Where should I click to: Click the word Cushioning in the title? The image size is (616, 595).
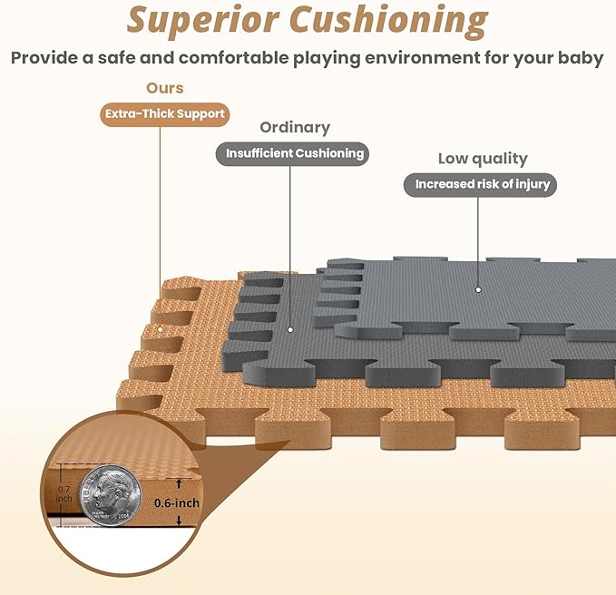pyautogui.click(x=401, y=19)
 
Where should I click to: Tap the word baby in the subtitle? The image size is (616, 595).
pyautogui.click(x=582, y=58)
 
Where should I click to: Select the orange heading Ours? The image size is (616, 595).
pyautogui.click(x=164, y=88)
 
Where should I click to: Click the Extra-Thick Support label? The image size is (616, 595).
pyautogui.click(x=163, y=114)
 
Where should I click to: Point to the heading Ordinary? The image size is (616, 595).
pyautogui.click(x=295, y=128)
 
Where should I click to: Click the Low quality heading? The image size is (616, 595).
pyautogui.click(x=482, y=159)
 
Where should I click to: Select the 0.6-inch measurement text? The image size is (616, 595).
pyautogui.click(x=176, y=502)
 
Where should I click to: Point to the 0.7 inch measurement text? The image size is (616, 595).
pyautogui.click(x=64, y=494)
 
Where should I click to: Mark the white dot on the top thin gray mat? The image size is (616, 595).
pyautogui.click(x=478, y=290)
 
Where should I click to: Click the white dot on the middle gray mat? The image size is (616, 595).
pyautogui.click(x=290, y=329)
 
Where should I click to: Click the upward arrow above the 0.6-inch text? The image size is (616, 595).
pyautogui.click(x=180, y=483)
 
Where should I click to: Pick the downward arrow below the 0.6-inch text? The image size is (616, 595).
pyautogui.click(x=180, y=521)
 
